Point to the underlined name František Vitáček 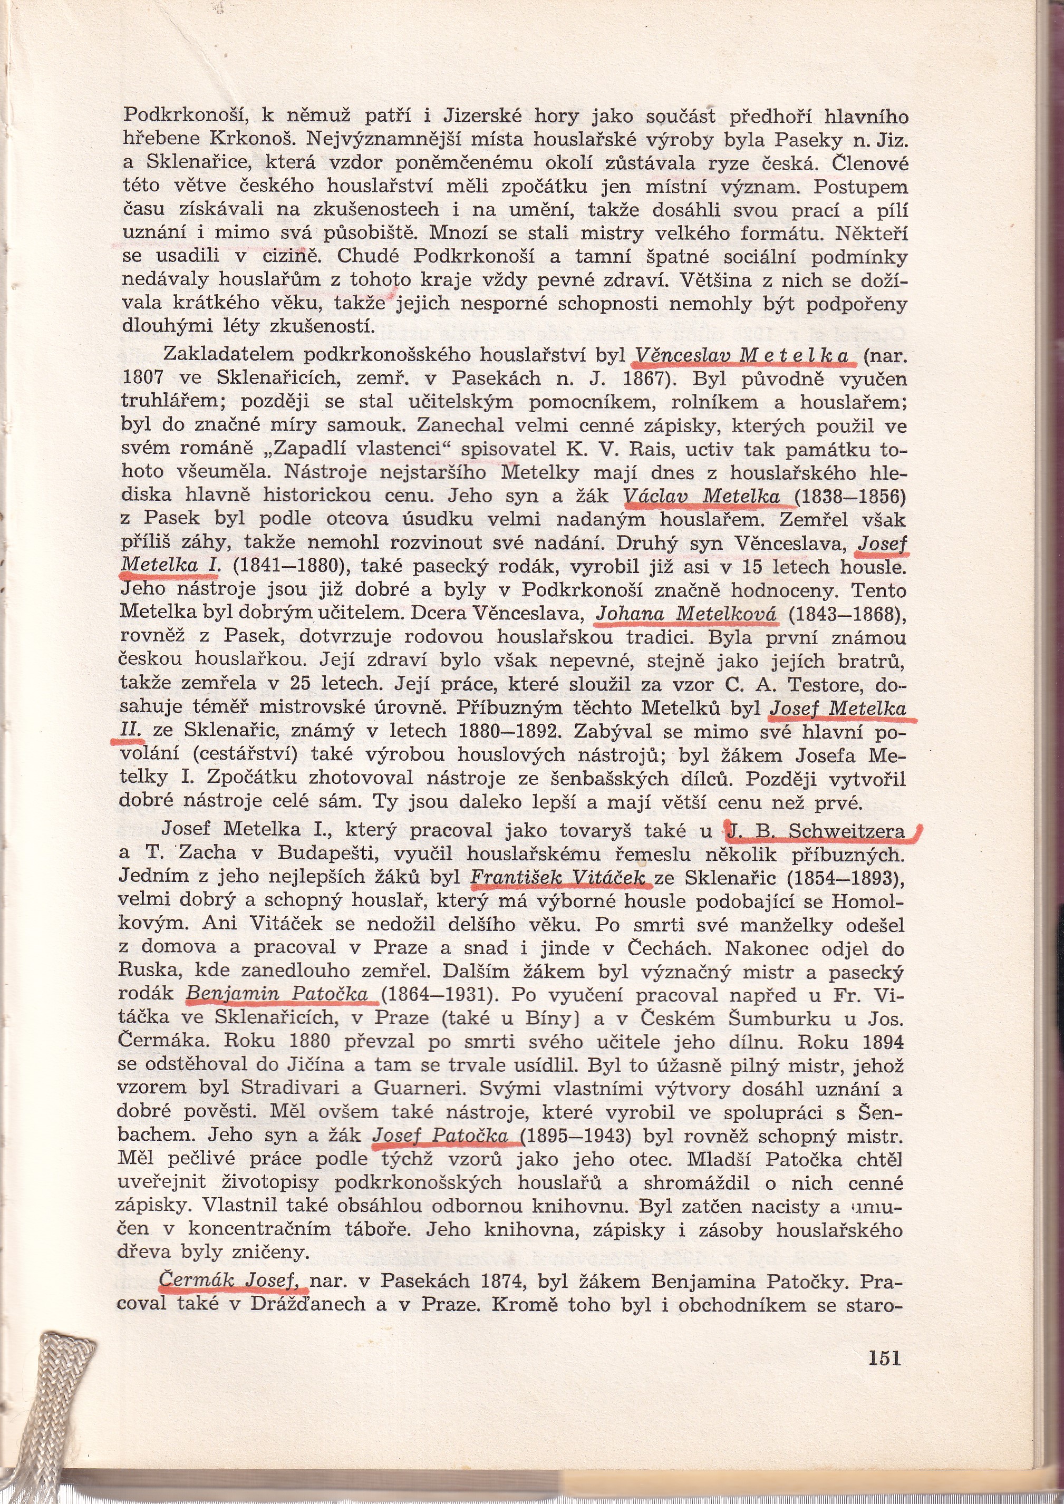(x=558, y=877)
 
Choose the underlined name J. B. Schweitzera (x=816, y=831)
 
